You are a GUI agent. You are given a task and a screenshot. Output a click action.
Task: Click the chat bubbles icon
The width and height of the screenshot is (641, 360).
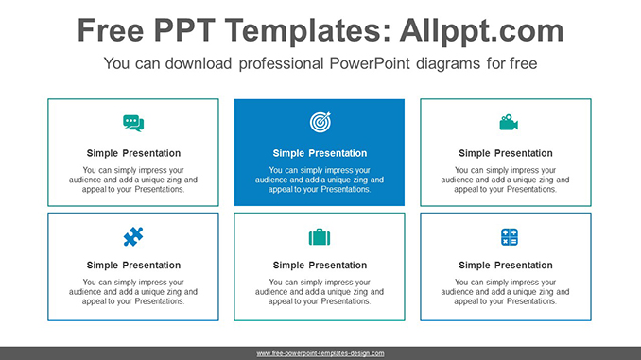[133, 123]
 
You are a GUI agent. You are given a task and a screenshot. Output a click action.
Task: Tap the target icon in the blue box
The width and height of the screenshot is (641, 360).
[320, 122]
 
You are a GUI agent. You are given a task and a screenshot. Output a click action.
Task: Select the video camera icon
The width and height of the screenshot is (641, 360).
[508, 123]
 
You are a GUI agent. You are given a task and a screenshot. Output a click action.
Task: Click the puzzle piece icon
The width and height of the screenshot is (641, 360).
[133, 236]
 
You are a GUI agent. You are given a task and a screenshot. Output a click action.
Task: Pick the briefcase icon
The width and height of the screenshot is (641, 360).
[320, 237]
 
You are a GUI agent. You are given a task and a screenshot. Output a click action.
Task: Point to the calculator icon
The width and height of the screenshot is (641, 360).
[509, 237]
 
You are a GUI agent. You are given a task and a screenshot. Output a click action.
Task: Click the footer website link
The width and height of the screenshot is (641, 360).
[320, 353]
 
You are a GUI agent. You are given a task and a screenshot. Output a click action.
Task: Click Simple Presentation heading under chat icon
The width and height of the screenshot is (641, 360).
[133, 153]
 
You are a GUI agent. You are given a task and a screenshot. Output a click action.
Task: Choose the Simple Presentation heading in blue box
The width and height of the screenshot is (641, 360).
[320, 153]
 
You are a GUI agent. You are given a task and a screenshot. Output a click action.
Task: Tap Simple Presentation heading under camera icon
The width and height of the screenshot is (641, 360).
[506, 153]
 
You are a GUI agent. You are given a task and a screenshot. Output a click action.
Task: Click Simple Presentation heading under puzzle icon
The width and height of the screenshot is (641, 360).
[133, 266]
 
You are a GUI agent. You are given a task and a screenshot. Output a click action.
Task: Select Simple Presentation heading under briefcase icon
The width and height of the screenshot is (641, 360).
[320, 266]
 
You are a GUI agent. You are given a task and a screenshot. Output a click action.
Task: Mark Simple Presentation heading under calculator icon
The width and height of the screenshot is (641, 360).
[506, 266]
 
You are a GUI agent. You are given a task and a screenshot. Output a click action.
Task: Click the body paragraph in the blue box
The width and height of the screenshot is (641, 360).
[320, 180]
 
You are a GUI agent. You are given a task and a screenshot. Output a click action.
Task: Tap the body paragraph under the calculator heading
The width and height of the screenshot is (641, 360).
[506, 292]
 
